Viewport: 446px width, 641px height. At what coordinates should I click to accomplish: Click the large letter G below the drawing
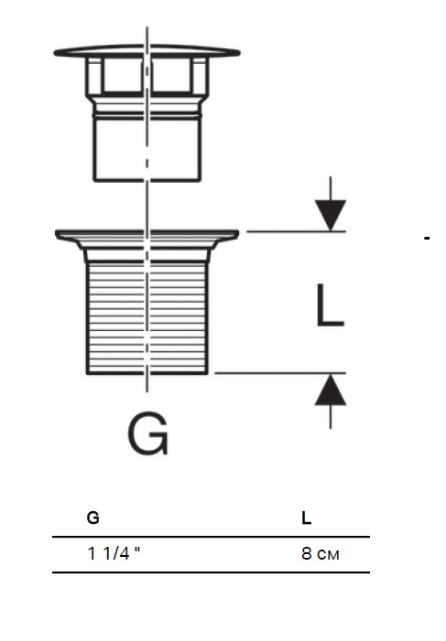click(x=148, y=433)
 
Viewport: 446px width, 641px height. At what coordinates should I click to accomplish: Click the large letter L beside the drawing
click(x=330, y=305)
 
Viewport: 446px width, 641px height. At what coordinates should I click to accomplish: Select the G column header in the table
click(x=93, y=518)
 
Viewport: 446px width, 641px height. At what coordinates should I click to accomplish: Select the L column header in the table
click(x=307, y=518)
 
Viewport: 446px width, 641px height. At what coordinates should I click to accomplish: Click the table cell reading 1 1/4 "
click(x=114, y=553)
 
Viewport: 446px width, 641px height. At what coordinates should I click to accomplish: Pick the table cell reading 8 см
click(x=321, y=553)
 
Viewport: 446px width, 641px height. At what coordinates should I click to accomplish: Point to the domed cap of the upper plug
click(x=147, y=51)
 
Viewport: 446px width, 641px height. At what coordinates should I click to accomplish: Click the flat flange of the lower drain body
click(x=147, y=234)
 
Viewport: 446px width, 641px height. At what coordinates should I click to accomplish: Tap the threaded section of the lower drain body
click(x=147, y=317)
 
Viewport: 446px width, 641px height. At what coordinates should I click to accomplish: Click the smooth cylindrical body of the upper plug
click(x=147, y=150)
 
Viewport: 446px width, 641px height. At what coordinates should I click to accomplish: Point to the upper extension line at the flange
click(x=296, y=231)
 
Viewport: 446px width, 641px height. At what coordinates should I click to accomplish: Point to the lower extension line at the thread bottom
click(x=280, y=373)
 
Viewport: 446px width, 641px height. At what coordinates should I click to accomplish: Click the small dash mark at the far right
click(x=427, y=238)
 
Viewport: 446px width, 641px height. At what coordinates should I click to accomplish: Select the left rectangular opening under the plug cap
click(x=123, y=75)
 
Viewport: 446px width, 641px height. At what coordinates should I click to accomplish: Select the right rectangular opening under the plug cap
click(x=171, y=75)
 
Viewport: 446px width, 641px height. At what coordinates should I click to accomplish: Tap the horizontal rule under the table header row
click(x=211, y=537)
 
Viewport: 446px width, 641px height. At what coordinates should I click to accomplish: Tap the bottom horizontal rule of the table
click(x=211, y=572)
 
